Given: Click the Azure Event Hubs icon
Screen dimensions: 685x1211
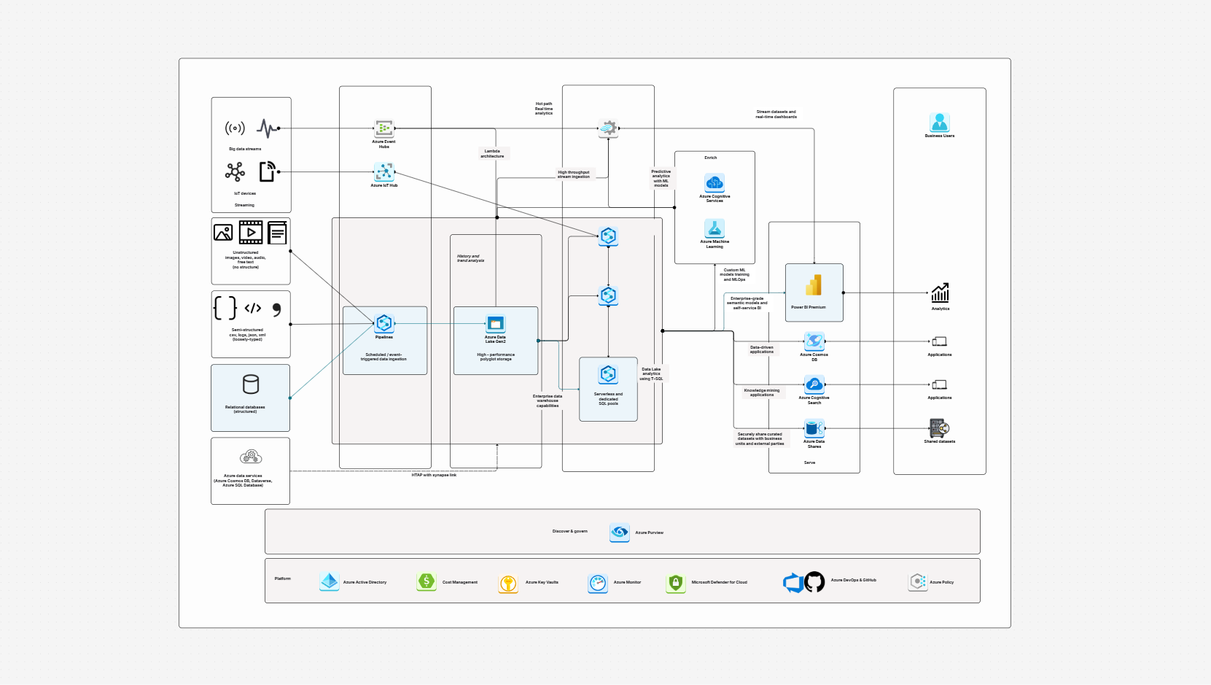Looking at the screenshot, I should [384, 129].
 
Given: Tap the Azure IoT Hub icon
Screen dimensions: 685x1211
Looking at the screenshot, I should [384, 172].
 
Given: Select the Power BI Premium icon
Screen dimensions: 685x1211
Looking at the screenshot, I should [814, 285].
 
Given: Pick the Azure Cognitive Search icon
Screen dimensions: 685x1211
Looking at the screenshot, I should [814, 384].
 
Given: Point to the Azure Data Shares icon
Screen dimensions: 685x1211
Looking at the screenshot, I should [814, 428].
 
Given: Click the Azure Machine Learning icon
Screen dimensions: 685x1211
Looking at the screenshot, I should [714, 228].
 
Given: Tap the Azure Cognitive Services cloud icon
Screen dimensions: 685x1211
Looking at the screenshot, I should [714, 182].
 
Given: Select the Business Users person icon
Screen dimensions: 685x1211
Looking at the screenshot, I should [939, 122].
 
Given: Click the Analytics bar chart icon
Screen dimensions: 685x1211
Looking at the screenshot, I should [940, 293].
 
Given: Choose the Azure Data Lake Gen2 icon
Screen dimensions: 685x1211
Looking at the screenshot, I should [496, 323].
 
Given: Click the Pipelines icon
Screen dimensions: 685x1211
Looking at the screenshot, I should [384, 323].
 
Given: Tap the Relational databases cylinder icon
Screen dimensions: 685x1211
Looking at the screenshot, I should [251, 384].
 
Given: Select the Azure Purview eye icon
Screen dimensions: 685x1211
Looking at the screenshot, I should [620, 532].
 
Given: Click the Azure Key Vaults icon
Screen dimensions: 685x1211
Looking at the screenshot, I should [508, 583].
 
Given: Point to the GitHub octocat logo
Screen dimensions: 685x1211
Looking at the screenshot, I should [814, 582].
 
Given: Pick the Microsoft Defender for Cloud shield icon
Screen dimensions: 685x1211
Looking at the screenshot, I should [676, 583].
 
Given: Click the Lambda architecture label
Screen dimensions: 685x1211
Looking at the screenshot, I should [492, 154].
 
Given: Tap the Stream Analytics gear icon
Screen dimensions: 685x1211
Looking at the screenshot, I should [608, 128].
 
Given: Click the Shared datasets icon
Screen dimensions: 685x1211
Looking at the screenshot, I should [939, 428].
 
